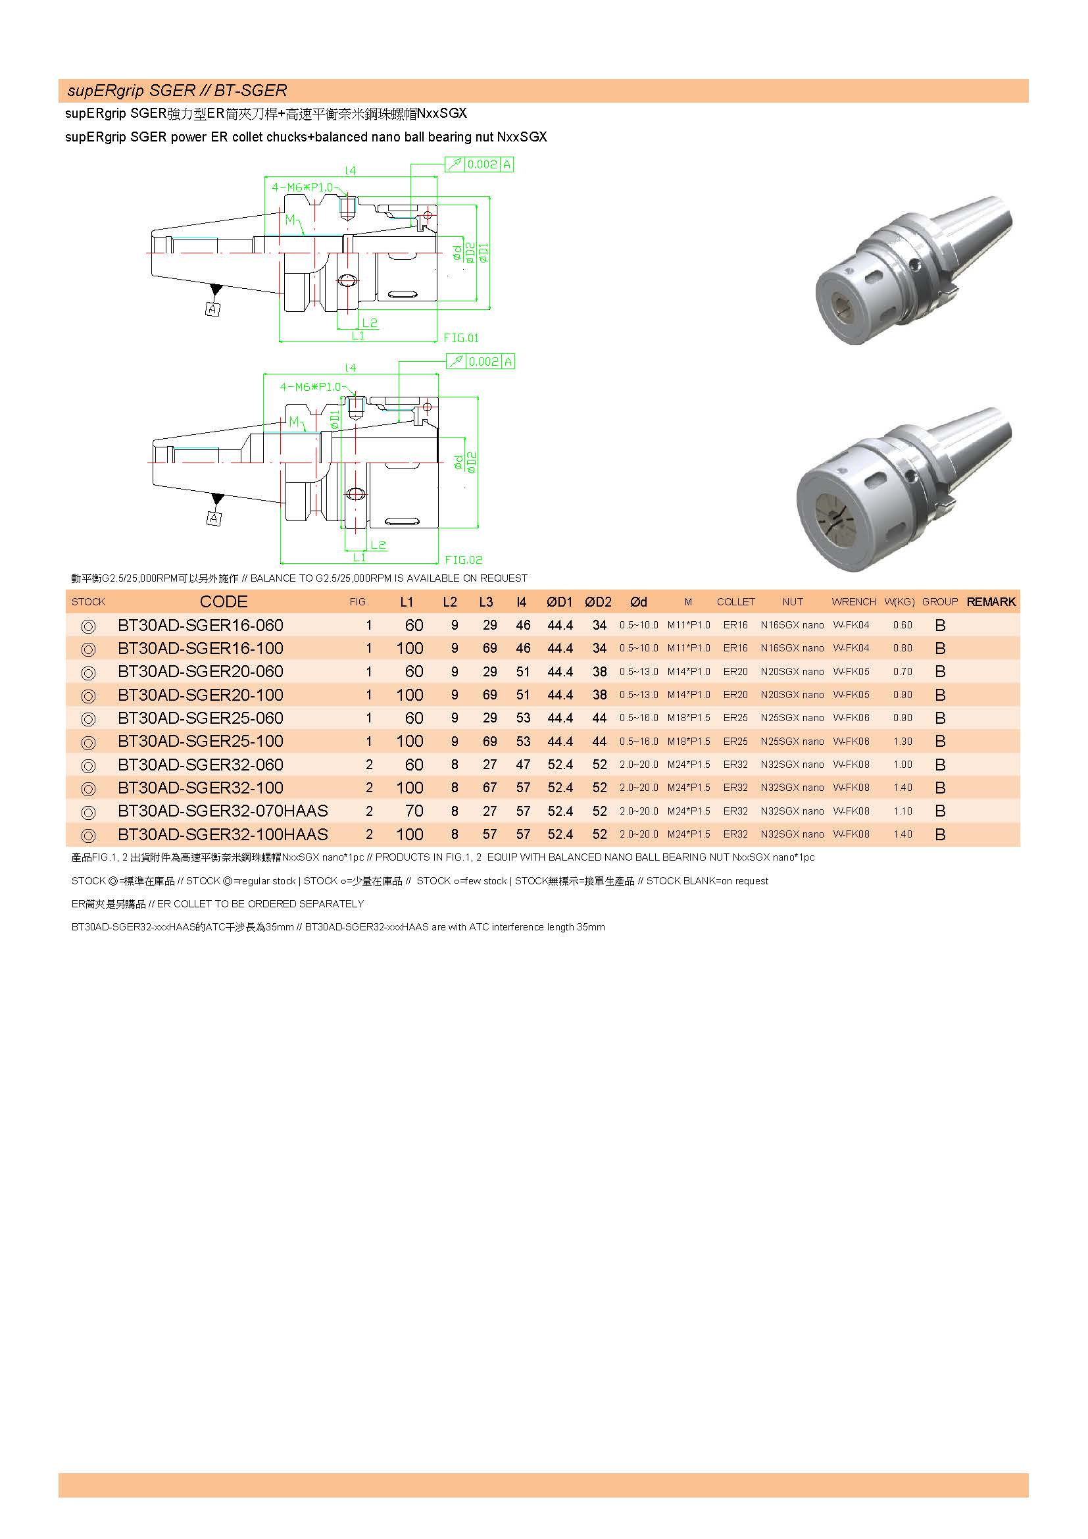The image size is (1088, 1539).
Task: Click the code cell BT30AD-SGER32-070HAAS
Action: (222, 811)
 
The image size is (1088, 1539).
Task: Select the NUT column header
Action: (792, 602)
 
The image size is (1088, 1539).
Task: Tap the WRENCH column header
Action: (854, 602)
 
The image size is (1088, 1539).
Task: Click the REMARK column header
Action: (991, 602)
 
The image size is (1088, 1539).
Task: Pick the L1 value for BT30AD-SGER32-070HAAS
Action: (414, 811)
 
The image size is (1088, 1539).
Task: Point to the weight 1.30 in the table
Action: (903, 742)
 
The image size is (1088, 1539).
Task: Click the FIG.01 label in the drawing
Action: (461, 338)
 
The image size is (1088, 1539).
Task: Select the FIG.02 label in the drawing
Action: (464, 560)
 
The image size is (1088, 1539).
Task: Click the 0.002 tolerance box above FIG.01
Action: (482, 164)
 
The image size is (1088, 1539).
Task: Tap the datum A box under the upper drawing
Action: (212, 309)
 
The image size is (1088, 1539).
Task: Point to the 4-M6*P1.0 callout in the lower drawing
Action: (310, 387)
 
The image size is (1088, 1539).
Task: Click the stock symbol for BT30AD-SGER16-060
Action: (87, 626)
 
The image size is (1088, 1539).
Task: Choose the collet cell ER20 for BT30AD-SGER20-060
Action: (735, 672)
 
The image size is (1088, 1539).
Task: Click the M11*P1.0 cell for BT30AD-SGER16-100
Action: (688, 648)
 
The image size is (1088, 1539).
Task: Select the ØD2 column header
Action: (597, 602)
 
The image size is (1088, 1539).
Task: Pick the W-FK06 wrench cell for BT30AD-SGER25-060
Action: (851, 718)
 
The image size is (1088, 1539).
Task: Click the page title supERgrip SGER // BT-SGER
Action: (177, 91)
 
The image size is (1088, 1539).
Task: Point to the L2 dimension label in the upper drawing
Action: (370, 323)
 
